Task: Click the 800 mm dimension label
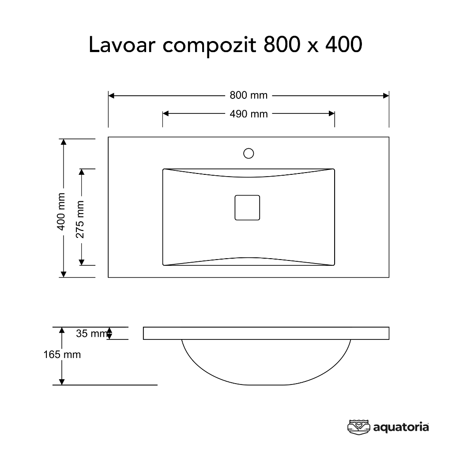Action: [249, 95]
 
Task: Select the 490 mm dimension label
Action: [249, 114]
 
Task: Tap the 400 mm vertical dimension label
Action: [61, 211]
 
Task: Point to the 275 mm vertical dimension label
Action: [80, 219]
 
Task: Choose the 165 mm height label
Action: [62, 354]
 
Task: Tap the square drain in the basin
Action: [247, 207]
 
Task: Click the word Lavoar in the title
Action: [122, 45]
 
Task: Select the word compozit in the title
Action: [210, 46]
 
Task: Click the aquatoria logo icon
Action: [358, 427]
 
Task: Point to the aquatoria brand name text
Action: [401, 427]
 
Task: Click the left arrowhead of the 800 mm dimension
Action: [111, 96]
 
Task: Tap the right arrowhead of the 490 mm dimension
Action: [331, 113]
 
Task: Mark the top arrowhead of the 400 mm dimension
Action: [64, 142]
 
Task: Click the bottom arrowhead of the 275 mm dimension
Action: [82, 262]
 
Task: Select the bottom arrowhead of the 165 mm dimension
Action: [62, 382]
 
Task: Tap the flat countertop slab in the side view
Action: [266, 333]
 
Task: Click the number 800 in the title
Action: [282, 45]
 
